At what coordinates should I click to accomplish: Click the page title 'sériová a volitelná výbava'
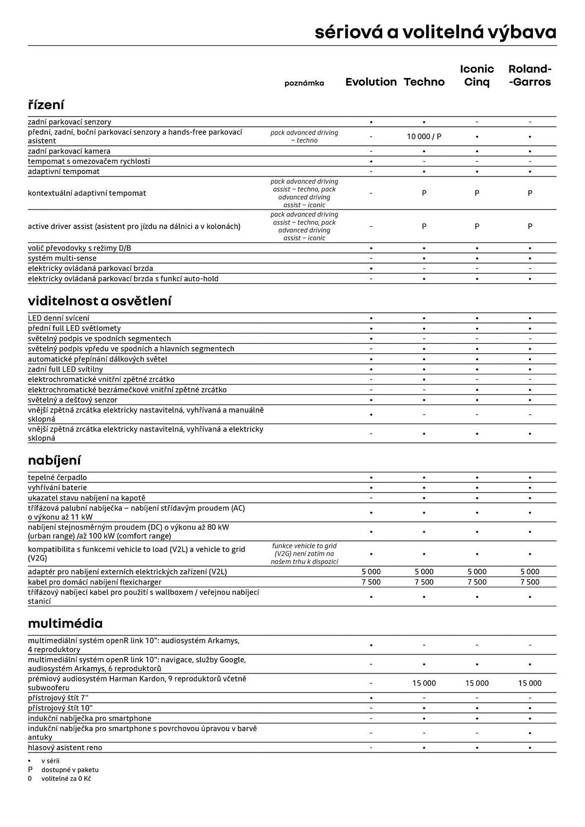[x=435, y=32]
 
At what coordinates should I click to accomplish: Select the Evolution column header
[x=371, y=82]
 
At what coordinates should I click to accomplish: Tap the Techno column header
[x=424, y=82]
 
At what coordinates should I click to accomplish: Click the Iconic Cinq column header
[x=477, y=75]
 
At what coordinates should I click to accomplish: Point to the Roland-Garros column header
[x=530, y=75]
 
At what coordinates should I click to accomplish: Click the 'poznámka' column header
[x=304, y=83]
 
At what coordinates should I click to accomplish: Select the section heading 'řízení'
[x=46, y=105]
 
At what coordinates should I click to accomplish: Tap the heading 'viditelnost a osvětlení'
[x=99, y=301]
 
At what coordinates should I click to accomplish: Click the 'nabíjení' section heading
[x=54, y=460]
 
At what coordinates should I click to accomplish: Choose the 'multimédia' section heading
[x=65, y=623]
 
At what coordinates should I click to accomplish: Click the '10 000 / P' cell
[x=424, y=136]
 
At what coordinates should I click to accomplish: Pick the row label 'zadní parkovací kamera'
[x=69, y=151]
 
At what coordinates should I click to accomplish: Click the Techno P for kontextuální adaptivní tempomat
[x=424, y=193]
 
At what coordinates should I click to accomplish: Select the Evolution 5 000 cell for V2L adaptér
[x=371, y=571]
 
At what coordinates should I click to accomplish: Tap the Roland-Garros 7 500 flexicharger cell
[x=530, y=582]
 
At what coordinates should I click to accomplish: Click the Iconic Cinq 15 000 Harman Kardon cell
[x=477, y=683]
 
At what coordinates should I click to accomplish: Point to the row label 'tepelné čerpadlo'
[x=57, y=477]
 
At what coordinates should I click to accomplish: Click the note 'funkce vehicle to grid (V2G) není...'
[x=304, y=553]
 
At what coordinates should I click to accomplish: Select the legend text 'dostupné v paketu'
[x=70, y=770]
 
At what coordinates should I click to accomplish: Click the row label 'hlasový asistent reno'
[x=65, y=747]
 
